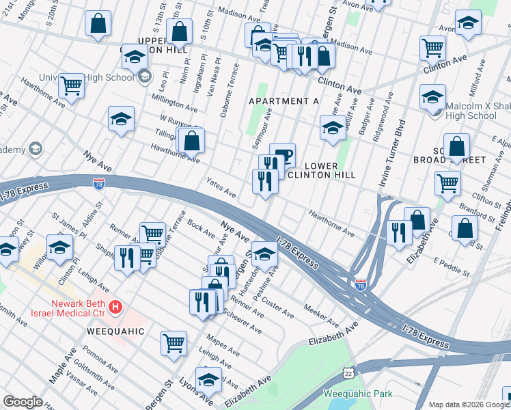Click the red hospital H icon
115,307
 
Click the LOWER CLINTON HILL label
330,170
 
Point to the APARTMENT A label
284,101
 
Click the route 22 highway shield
349,373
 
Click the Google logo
23,401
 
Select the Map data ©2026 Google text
469,405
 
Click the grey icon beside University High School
144,77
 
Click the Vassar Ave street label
83,385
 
